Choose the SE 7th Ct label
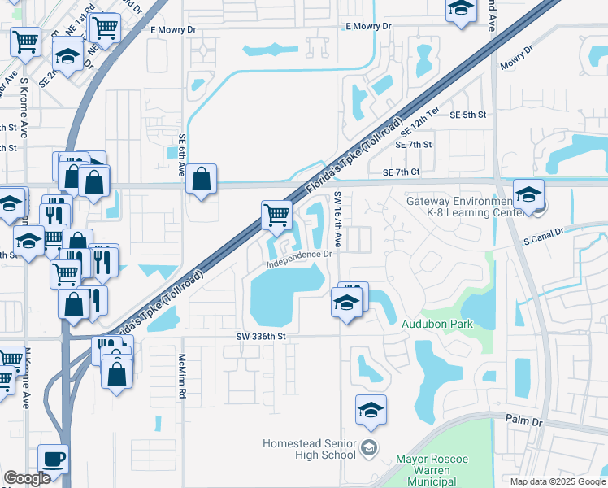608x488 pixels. pyautogui.click(x=402, y=172)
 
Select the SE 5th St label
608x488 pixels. pyautogui.click(x=467, y=115)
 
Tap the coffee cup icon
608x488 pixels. pyautogui.click(x=54, y=459)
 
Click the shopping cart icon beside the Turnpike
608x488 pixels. pyautogui.click(x=276, y=215)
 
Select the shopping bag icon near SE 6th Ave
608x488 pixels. pyautogui.click(x=201, y=179)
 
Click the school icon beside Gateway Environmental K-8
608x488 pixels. pyautogui.click(x=528, y=195)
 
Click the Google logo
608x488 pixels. pyautogui.click(x=27, y=478)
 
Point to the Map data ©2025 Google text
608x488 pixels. pyautogui.click(x=557, y=481)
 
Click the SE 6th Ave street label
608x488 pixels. pyautogui.click(x=182, y=155)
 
